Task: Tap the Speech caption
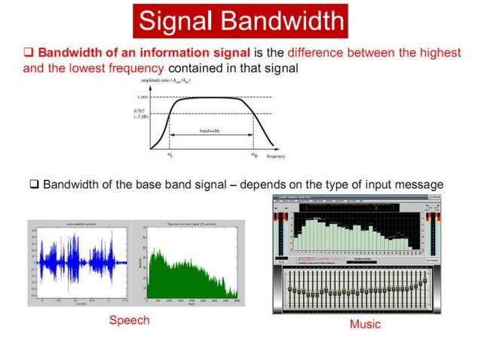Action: pyautogui.click(x=129, y=320)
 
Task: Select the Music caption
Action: pyautogui.click(x=365, y=324)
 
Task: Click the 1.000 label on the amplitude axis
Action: pyautogui.click(x=142, y=97)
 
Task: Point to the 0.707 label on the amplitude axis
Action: pyautogui.click(x=142, y=111)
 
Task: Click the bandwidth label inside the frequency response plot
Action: pyautogui.click(x=210, y=130)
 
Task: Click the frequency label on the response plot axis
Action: pyautogui.click(x=276, y=157)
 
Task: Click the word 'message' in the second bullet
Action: pyautogui.click(x=419, y=185)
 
